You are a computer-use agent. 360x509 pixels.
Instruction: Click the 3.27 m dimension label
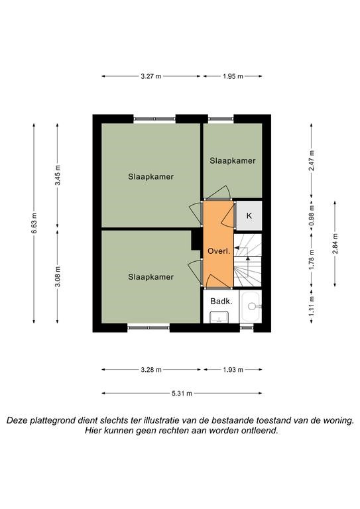tap(151, 76)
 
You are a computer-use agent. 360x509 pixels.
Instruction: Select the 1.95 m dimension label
tap(233, 76)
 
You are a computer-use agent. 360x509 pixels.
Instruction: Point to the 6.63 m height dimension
tap(34, 223)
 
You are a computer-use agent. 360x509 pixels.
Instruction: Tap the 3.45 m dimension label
tap(58, 175)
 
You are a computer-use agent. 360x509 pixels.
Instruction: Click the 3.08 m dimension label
tap(58, 277)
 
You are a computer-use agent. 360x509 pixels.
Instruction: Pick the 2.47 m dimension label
tap(312, 160)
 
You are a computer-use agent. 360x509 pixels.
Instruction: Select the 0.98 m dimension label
tap(312, 215)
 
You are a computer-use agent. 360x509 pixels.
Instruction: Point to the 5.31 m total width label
tap(182, 394)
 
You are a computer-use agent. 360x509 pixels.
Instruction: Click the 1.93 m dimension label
tap(233, 370)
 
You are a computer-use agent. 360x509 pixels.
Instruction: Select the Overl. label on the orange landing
tap(219, 251)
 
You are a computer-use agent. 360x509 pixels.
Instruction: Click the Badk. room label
tap(221, 302)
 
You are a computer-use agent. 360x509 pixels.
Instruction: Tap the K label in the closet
tap(249, 215)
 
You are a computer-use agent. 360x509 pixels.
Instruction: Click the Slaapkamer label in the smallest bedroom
tap(233, 160)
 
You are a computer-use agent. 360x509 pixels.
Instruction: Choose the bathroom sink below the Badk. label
tap(219, 317)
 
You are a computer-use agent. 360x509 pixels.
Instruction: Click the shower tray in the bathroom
tap(251, 306)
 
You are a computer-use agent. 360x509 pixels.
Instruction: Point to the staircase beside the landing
tap(248, 260)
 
